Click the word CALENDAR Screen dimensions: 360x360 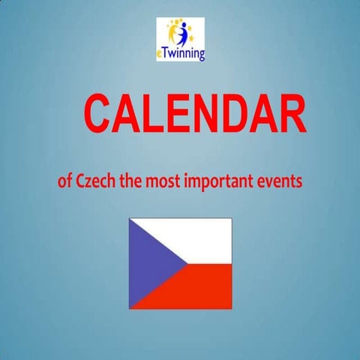tap(194, 114)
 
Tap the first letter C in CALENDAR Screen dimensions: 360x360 tap(100, 114)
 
